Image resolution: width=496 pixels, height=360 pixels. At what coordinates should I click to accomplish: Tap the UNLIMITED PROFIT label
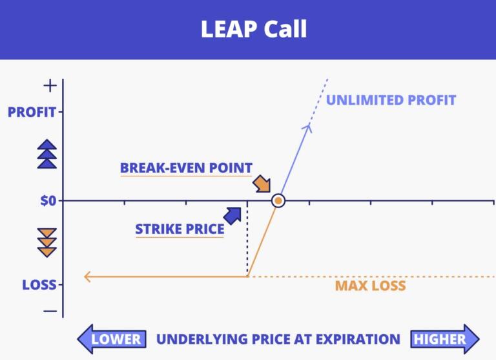(x=391, y=100)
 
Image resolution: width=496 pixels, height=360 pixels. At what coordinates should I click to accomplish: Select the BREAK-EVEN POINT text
(x=186, y=168)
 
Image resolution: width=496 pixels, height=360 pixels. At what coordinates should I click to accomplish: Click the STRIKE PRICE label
(x=180, y=229)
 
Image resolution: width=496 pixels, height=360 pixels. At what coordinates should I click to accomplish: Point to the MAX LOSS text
(x=370, y=286)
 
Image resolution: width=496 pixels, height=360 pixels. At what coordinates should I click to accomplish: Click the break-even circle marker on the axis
(x=278, y=201)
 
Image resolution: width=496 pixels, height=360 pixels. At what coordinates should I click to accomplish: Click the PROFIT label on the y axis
(x=32, y=112)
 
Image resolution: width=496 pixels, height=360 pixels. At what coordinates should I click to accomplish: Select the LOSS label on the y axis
(x=39, y=284)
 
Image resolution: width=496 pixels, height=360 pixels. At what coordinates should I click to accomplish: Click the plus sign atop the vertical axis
(x=50, y=85)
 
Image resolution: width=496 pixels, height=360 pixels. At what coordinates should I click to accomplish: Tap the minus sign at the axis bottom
(x=50, y=311)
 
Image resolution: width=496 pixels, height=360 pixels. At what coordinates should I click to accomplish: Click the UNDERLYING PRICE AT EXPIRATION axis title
(x=278, y=339)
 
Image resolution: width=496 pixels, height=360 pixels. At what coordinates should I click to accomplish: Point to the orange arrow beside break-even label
(x=262, y=184)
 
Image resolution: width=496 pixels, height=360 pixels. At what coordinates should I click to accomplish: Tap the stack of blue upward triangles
(x=47, y=154)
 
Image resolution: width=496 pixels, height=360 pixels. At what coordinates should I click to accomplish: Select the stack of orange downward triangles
(x=47, y=242)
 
